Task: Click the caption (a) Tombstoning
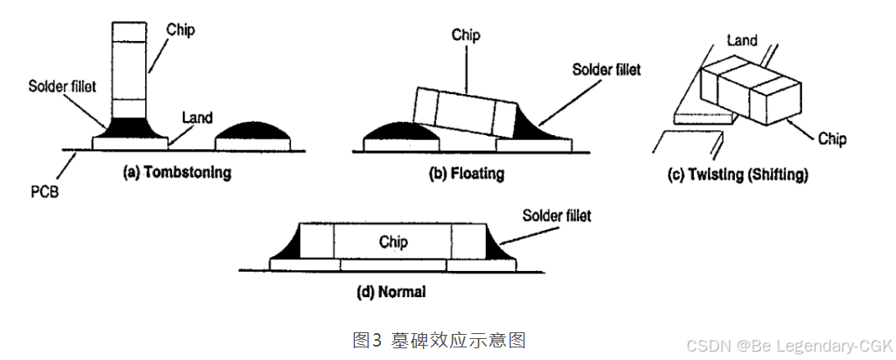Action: pos(176,174)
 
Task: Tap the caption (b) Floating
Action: pos(466,174)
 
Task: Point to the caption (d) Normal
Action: pos(390,292)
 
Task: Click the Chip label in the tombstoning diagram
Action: pos(180,30)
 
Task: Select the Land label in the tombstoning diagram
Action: pos(198,118)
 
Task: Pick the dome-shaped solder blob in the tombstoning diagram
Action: pos(254,131)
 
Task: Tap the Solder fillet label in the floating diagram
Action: pos(606,70)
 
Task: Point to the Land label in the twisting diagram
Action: pos(742,39)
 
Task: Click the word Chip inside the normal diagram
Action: pos(393,242)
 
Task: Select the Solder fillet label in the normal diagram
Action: pos(556,216)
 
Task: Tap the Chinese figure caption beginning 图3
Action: pos(438,340)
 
